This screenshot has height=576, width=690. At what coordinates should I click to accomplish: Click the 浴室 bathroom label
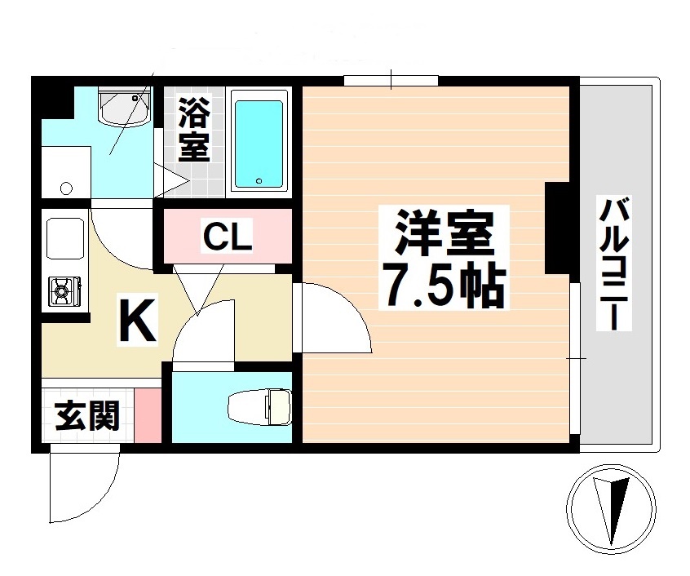[194, 128]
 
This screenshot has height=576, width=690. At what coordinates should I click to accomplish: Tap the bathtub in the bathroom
[259, 143]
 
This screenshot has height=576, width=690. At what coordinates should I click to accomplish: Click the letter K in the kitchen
[138, 321]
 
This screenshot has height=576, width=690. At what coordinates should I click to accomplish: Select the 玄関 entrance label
[87, 416]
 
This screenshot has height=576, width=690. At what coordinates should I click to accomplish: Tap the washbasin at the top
[125, 109]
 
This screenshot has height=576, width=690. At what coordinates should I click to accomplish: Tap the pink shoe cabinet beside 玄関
[148, 415]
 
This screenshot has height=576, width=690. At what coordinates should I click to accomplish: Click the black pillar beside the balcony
[560, 228]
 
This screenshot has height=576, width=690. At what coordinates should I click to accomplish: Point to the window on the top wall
[391, 80]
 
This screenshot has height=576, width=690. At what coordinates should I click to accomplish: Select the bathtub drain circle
[259, 181]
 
